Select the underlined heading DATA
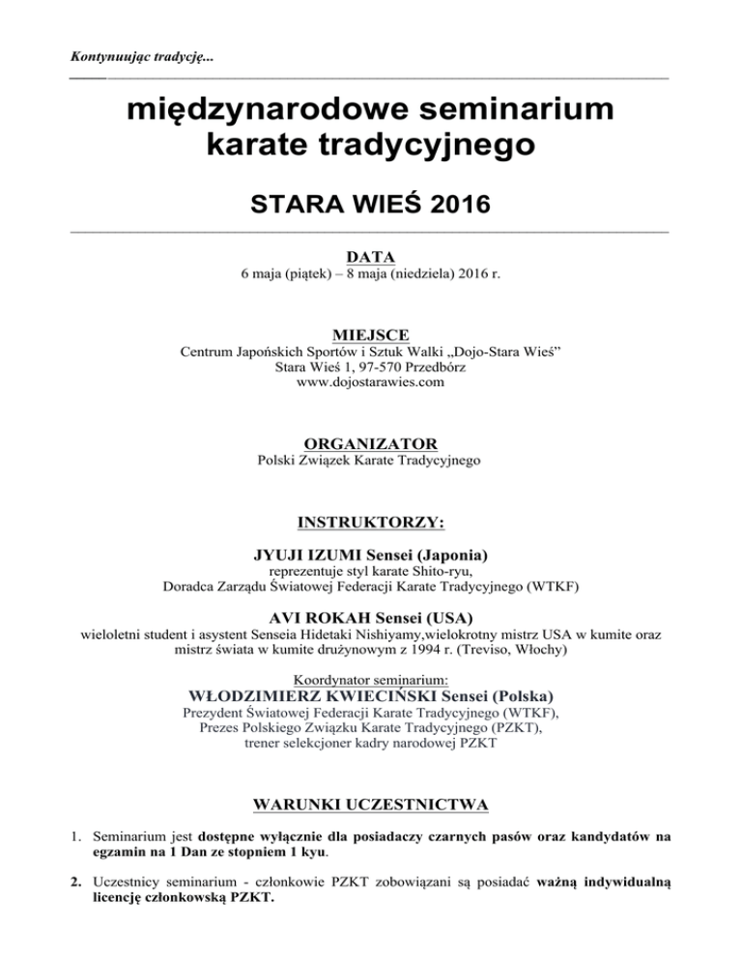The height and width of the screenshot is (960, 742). (371, 257)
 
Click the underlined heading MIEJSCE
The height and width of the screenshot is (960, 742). (371, 335)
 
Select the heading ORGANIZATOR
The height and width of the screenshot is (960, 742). (371, 443)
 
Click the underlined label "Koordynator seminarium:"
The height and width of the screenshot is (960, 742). (370, 679)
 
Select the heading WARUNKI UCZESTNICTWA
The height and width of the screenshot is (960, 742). (371, 804)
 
